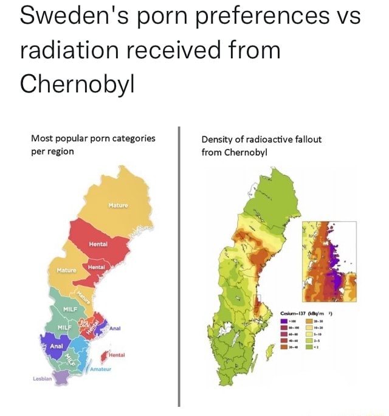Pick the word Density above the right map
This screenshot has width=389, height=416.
(x=218, y=139)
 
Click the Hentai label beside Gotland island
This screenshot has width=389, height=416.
(x=118, y=354)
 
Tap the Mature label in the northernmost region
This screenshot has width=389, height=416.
(x=118, y=206)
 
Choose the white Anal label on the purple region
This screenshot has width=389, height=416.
(x=57, y=346)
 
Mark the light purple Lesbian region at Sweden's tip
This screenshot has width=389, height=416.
(x=61, y=378)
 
